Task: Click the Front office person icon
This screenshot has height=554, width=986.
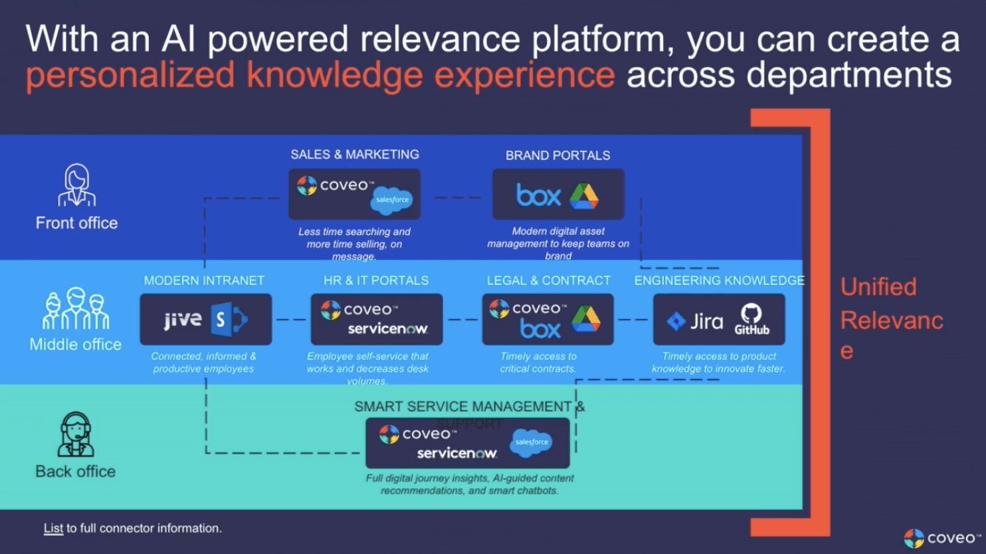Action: click(x=76, y=185)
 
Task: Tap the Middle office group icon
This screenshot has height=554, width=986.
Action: click(x=76, y=309)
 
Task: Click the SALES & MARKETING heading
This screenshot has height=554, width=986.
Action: click(x=355, y=155)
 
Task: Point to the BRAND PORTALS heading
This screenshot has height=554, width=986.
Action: click(x=557, y=155)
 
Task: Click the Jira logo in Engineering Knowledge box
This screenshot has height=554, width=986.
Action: click(x=695, y=322)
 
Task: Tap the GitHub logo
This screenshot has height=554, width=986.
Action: click(x=751, y=320)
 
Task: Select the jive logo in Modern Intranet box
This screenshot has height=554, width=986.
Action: click(x=183, y=320)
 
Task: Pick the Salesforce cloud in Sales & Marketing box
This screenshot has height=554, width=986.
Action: click(x=392, y=200)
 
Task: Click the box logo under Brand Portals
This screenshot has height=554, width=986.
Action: click(x=538, y=196)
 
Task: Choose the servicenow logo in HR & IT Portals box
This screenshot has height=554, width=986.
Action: click(x=387, y=329)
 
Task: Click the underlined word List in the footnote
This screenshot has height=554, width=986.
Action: click(x=53, y=529)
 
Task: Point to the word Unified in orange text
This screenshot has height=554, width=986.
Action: click(x=878, y=287)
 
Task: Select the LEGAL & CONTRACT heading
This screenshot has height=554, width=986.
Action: click(x=548, y=281)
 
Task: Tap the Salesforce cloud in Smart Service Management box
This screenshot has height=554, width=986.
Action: click(x=532, y=442)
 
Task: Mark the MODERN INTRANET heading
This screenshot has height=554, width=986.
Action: click(x=204, y=281)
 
